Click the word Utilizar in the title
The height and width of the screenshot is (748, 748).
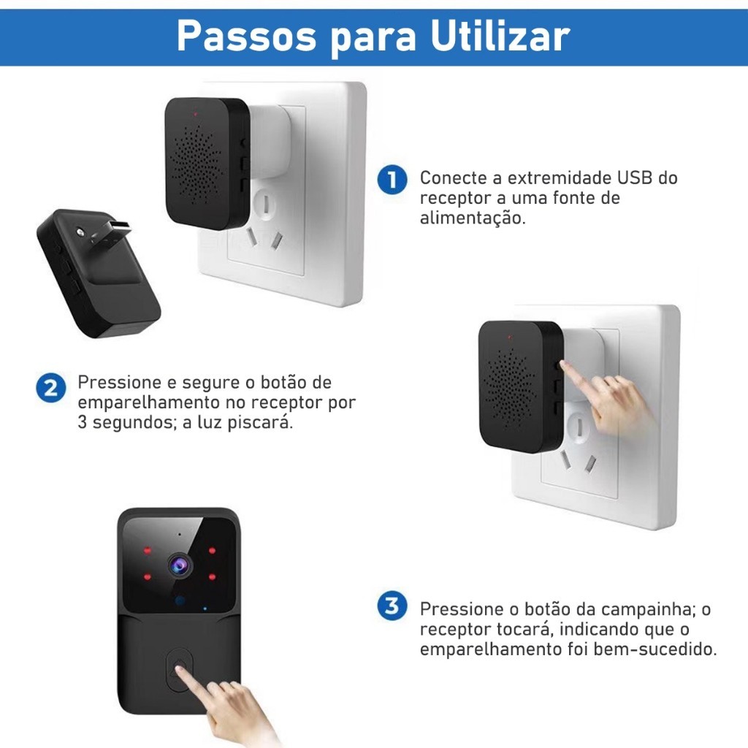500,36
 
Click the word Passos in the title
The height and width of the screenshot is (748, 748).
246,36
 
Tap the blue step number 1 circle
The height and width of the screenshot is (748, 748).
392,180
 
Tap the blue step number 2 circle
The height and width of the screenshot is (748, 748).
50,387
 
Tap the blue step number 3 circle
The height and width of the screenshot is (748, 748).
392,606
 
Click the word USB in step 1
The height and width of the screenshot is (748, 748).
635,178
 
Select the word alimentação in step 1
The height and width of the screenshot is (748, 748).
473,218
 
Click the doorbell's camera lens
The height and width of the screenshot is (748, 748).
180,565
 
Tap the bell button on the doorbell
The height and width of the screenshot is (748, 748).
180,668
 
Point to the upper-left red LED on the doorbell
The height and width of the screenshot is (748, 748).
148,551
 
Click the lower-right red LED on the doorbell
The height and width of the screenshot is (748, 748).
212,577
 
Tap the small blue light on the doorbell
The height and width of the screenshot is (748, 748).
205,609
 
